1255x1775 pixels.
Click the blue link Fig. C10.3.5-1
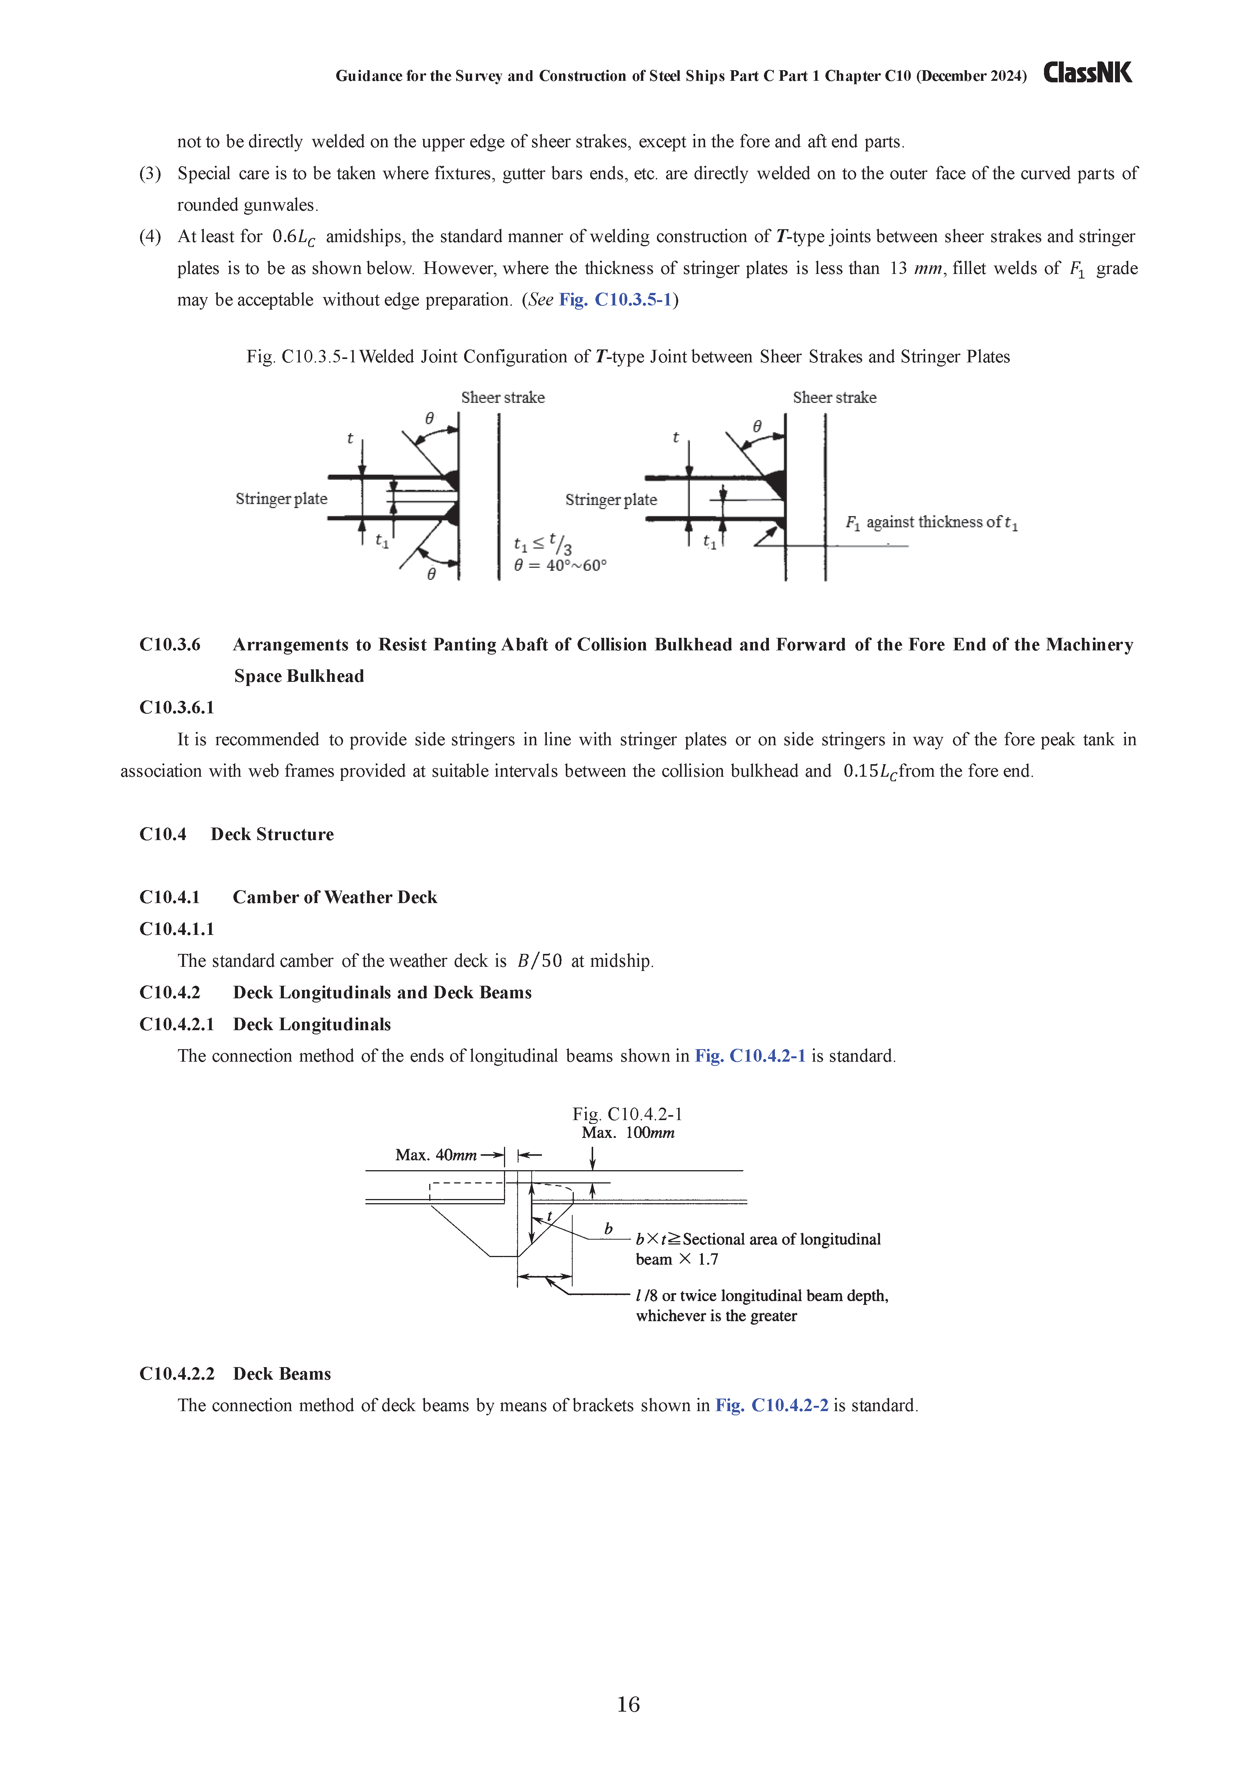(x=616, y=300)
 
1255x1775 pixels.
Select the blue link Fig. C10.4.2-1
(x=750, y=1056)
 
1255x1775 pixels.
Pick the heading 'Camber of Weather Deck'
(x=335, y=897)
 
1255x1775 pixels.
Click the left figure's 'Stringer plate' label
(x=282, y=499)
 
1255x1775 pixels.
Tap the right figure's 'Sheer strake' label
(x=835, y=397)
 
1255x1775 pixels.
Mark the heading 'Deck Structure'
(x=272, y=834)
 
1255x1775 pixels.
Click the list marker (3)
(x=150, y=173)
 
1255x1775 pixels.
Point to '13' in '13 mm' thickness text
(x=898, y=268)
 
